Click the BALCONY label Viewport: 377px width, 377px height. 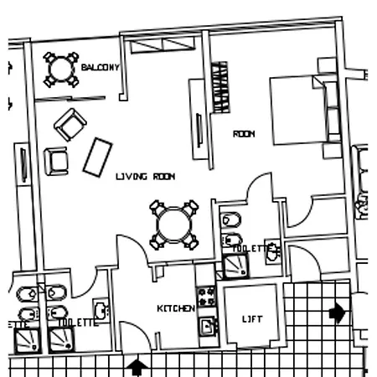[x=100, y=67]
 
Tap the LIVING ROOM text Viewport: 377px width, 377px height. [x=146, y=177]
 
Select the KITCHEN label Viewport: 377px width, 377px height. [x=176, y=308]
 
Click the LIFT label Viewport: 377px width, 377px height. [x=252, y=319]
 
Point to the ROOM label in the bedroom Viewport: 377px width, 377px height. [x=244, y=134]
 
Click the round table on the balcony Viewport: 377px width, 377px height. [x=61, y=70]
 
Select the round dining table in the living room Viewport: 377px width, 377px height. [x=174, y=225]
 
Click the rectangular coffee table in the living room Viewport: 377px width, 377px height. [x=98, y=158]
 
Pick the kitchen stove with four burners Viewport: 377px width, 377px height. [x=206, y=297]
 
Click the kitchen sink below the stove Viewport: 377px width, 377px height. [x=209, y=326]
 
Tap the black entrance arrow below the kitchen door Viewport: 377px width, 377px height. [x=137, y=367]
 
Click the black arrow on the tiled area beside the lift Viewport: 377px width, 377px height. [x=338, y=312]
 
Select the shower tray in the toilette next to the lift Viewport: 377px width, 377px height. [x=236, y=266]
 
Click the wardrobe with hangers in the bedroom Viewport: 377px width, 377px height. [x=221, y=87]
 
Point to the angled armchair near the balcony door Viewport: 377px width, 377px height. [x=70, y=125]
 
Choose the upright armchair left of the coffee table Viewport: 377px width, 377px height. [x=56, y=161]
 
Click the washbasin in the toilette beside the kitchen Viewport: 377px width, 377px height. [x=101, y=310]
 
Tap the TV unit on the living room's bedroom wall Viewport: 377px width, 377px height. [x=199, y=120]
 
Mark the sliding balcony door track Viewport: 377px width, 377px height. [x=70, y=99]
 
